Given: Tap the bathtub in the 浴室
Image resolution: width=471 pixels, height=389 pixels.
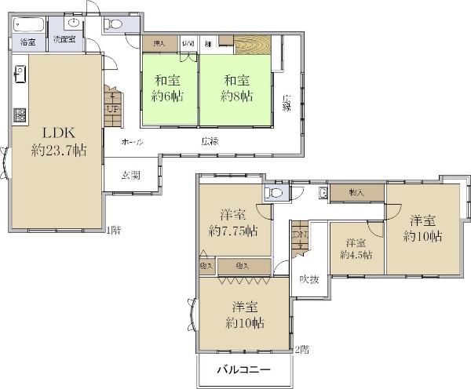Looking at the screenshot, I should [x=28, y=23].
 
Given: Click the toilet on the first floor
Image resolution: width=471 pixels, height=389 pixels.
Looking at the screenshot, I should [x=115, y=24].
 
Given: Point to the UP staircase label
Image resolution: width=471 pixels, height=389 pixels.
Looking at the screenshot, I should [x=112, y=108].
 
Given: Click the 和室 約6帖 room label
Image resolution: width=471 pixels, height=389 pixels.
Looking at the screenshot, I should [x=169, y=88].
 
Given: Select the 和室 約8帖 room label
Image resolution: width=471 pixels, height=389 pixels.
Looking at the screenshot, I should [x=235, y=88].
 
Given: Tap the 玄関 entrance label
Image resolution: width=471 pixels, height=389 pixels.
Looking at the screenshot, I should [x=130, y=175].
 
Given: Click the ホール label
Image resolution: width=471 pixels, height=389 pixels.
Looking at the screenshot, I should [x=133, y=142].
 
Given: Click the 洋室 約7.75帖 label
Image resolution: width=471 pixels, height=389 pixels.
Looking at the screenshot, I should [x=235, y=222].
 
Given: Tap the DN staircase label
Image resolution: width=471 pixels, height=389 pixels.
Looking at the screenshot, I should [x=299, y=235].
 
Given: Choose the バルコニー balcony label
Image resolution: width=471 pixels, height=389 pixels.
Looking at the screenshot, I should [x=243, y=369].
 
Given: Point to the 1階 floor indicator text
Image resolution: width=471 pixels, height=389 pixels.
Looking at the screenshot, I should [x=113, y=230].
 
